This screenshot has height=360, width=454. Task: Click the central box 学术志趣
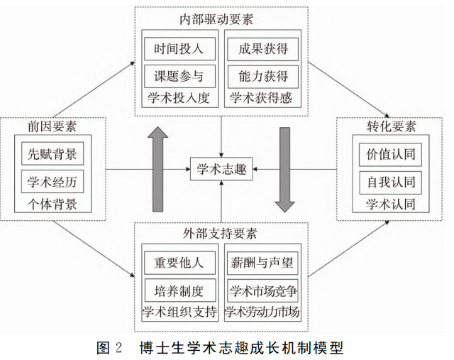tap(221, 168)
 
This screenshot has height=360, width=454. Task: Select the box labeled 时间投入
tap(179, 49)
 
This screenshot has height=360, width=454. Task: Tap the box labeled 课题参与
tap(179, 76)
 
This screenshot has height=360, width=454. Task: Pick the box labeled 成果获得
tap(262, 49)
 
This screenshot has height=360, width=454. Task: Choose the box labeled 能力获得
tap(262, 76)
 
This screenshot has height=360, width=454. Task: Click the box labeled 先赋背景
tap(52, 153)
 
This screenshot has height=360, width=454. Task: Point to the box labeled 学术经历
tap(52, 182)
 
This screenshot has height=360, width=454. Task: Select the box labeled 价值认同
tap(391, 153)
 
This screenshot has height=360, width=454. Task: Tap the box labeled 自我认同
tap(391, 180)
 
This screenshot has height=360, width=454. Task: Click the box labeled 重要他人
tap(179, 262)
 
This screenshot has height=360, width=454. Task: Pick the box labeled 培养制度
tap(179, 290)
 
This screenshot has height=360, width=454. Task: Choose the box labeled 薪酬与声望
tap(262, 262)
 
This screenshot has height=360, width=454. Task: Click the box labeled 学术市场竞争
tap(262, 290)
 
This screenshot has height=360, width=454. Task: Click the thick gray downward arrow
tap(285, 168)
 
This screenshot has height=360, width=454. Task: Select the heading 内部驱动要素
tap(221, 18)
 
